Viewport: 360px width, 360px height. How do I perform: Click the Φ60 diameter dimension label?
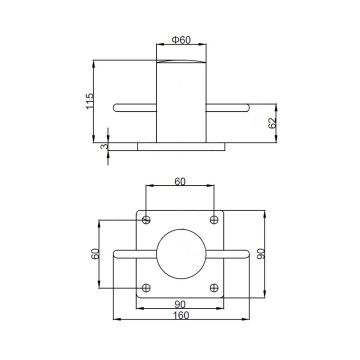(181, 39)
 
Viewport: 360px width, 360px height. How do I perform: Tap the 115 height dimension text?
(90, 100)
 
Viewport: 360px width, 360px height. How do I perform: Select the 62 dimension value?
(273, 122)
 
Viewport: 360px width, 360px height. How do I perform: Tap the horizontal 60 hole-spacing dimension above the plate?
(181, 182)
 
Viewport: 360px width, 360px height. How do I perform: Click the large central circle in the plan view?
(181, 253)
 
